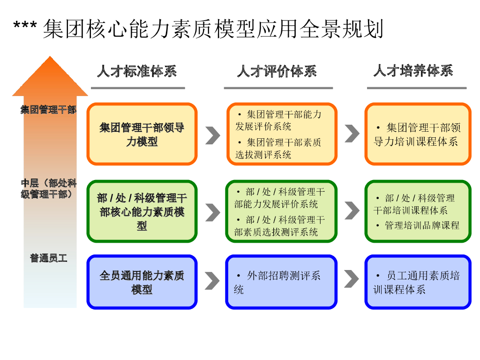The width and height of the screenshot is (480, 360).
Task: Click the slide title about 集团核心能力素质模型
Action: pos(199,29)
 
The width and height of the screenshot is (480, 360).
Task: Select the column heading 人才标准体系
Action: pos(137,72)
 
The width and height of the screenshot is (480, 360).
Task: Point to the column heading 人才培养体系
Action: pos(413,71)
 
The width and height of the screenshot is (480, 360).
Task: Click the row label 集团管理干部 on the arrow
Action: pos(48,110)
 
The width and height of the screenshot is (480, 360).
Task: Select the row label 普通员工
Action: pos(49,258)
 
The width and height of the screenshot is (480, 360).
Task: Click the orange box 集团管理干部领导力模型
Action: pos(142,135)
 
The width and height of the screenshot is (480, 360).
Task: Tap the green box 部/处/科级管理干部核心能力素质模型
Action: pos(142,212)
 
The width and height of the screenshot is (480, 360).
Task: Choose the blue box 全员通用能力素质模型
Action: pos(142,282)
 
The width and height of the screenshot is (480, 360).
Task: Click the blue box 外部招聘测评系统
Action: pos(281,282)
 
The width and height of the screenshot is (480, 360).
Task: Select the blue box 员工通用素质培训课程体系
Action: pos(418,282)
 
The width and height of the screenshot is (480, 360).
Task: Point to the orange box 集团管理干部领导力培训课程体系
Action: pos(418,135)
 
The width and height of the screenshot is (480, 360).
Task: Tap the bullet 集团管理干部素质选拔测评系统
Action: pos(279,149)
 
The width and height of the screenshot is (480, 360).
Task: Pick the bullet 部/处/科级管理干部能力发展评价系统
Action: pos(280,198)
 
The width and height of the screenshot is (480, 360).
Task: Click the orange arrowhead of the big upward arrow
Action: pos(50,77)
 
